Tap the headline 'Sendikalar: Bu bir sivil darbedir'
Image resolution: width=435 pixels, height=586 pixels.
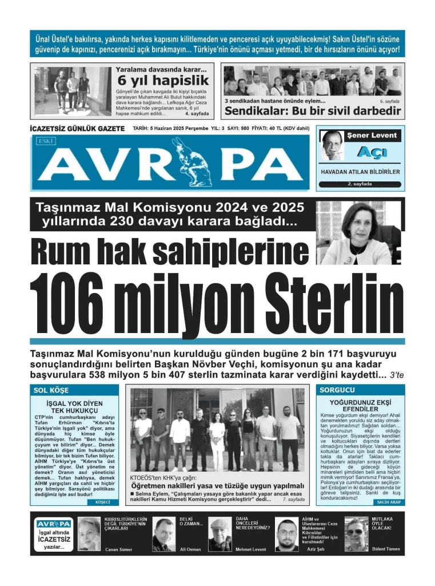[x=312, y=111]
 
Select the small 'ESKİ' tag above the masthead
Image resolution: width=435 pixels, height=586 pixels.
[x=42, y=140]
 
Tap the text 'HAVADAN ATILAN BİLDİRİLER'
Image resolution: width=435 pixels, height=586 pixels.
[x=360, y=172]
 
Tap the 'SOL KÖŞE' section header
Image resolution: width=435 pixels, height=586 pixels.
[x=51, y=390]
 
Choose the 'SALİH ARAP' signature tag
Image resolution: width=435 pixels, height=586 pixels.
[x=388, y=502]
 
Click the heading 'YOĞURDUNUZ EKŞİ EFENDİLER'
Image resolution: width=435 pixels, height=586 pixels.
[x=360, y=406]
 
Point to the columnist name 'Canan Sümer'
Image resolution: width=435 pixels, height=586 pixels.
[x=119, y=549]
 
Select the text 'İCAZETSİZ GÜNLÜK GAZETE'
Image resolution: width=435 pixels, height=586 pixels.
[x=78, y=129]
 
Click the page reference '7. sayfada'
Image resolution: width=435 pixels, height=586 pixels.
[x=293, y=500]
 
